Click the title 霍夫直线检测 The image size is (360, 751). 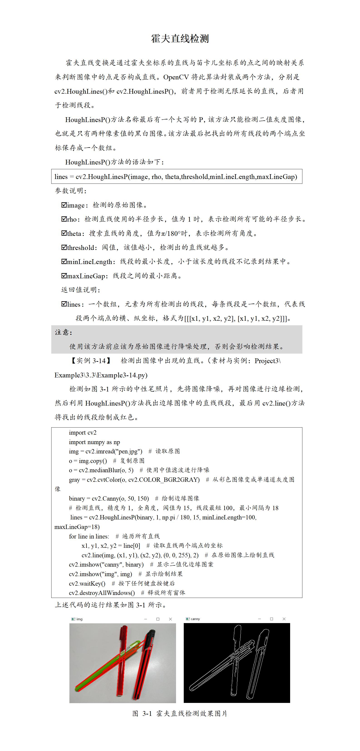(x=180, y=39)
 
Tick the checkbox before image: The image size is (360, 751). (x=64, y=205)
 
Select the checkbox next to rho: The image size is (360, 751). (x=64, y=219)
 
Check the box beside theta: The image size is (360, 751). (x=64, y=233)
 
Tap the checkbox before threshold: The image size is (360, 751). (x=64, y=247)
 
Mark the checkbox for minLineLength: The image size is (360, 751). (x=64, y=262)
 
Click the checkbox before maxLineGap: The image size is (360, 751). (x=64, y=276)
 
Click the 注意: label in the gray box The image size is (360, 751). (x=64, y=332)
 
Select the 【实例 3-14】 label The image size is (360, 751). (x=91, y=361)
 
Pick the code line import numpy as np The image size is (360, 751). (x=94, y=442)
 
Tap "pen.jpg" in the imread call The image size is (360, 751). (x=130, y=451)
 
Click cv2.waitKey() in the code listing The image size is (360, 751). (x=87, y=583)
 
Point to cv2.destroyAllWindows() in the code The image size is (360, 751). (x=102, y=593)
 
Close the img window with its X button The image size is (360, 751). (x=171, y=619)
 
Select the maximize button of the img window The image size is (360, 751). (x=158, y=619)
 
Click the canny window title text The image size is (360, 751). (x=195, y=619)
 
